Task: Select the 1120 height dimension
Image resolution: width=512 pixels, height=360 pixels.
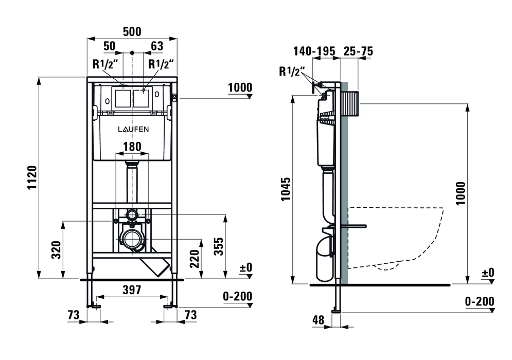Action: (x=32, y=178)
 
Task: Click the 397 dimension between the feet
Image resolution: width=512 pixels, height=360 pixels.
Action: (x=132, y=290)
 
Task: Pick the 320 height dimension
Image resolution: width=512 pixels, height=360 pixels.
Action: (x=56, y=249)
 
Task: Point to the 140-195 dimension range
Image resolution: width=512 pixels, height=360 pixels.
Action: (x=314, y=51)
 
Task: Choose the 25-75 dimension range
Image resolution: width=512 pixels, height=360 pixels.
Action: (x=358, y=51)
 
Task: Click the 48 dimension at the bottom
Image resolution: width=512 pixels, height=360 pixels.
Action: (x=318, y=320)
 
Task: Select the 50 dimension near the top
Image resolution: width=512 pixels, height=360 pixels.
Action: (x=109, y=46)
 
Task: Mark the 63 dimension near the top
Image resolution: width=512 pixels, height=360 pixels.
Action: (x=157, y=46)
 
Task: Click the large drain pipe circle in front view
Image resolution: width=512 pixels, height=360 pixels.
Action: (x=132, y=240)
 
